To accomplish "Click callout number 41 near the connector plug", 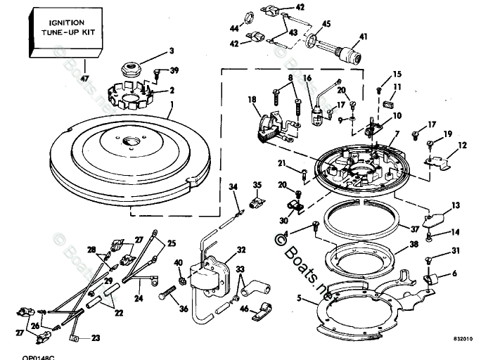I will tap(363, 36).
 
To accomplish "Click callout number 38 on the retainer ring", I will tap(413, 245).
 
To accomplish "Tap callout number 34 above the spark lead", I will tap(233, 186).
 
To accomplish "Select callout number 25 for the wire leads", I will tap(172, 243).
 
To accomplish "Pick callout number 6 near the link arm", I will tap(454, 274).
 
